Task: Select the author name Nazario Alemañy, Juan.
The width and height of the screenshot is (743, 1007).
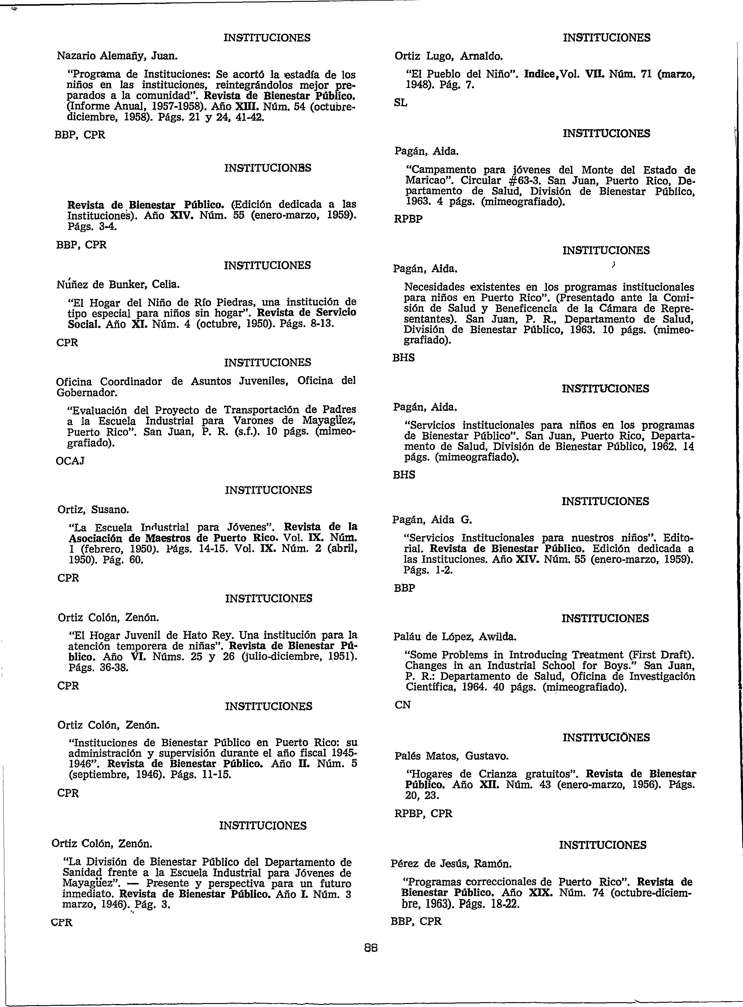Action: [x=117, y=56]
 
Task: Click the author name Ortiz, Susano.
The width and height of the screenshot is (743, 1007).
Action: [x=93, y=510]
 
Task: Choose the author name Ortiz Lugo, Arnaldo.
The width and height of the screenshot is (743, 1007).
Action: [x=449, y=57]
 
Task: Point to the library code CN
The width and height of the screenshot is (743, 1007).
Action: [x=402, y=705]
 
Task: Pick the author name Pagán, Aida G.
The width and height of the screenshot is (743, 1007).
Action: [x=432, y=520]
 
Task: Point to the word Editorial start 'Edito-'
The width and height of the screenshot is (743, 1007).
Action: [x=678, y=538]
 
